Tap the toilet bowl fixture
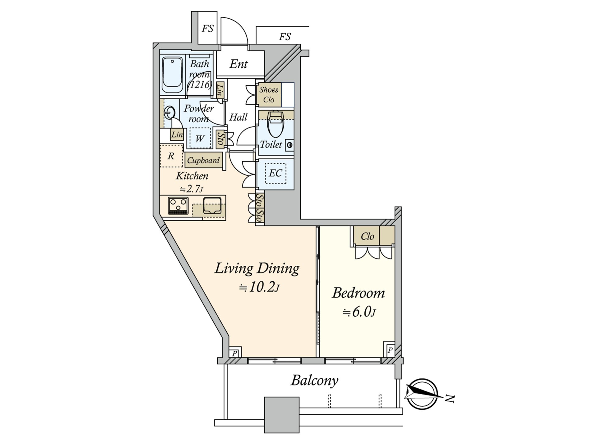276,124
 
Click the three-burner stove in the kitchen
178,205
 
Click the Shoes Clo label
269,95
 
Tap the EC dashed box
275,173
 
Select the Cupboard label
203,160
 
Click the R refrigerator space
171,156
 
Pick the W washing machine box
200,138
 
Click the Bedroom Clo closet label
367,237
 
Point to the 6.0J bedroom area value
360,312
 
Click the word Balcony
314,380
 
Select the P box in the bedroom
390,350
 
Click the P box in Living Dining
235,353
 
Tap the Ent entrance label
238,64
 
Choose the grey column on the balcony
281,414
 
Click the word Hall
238,117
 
